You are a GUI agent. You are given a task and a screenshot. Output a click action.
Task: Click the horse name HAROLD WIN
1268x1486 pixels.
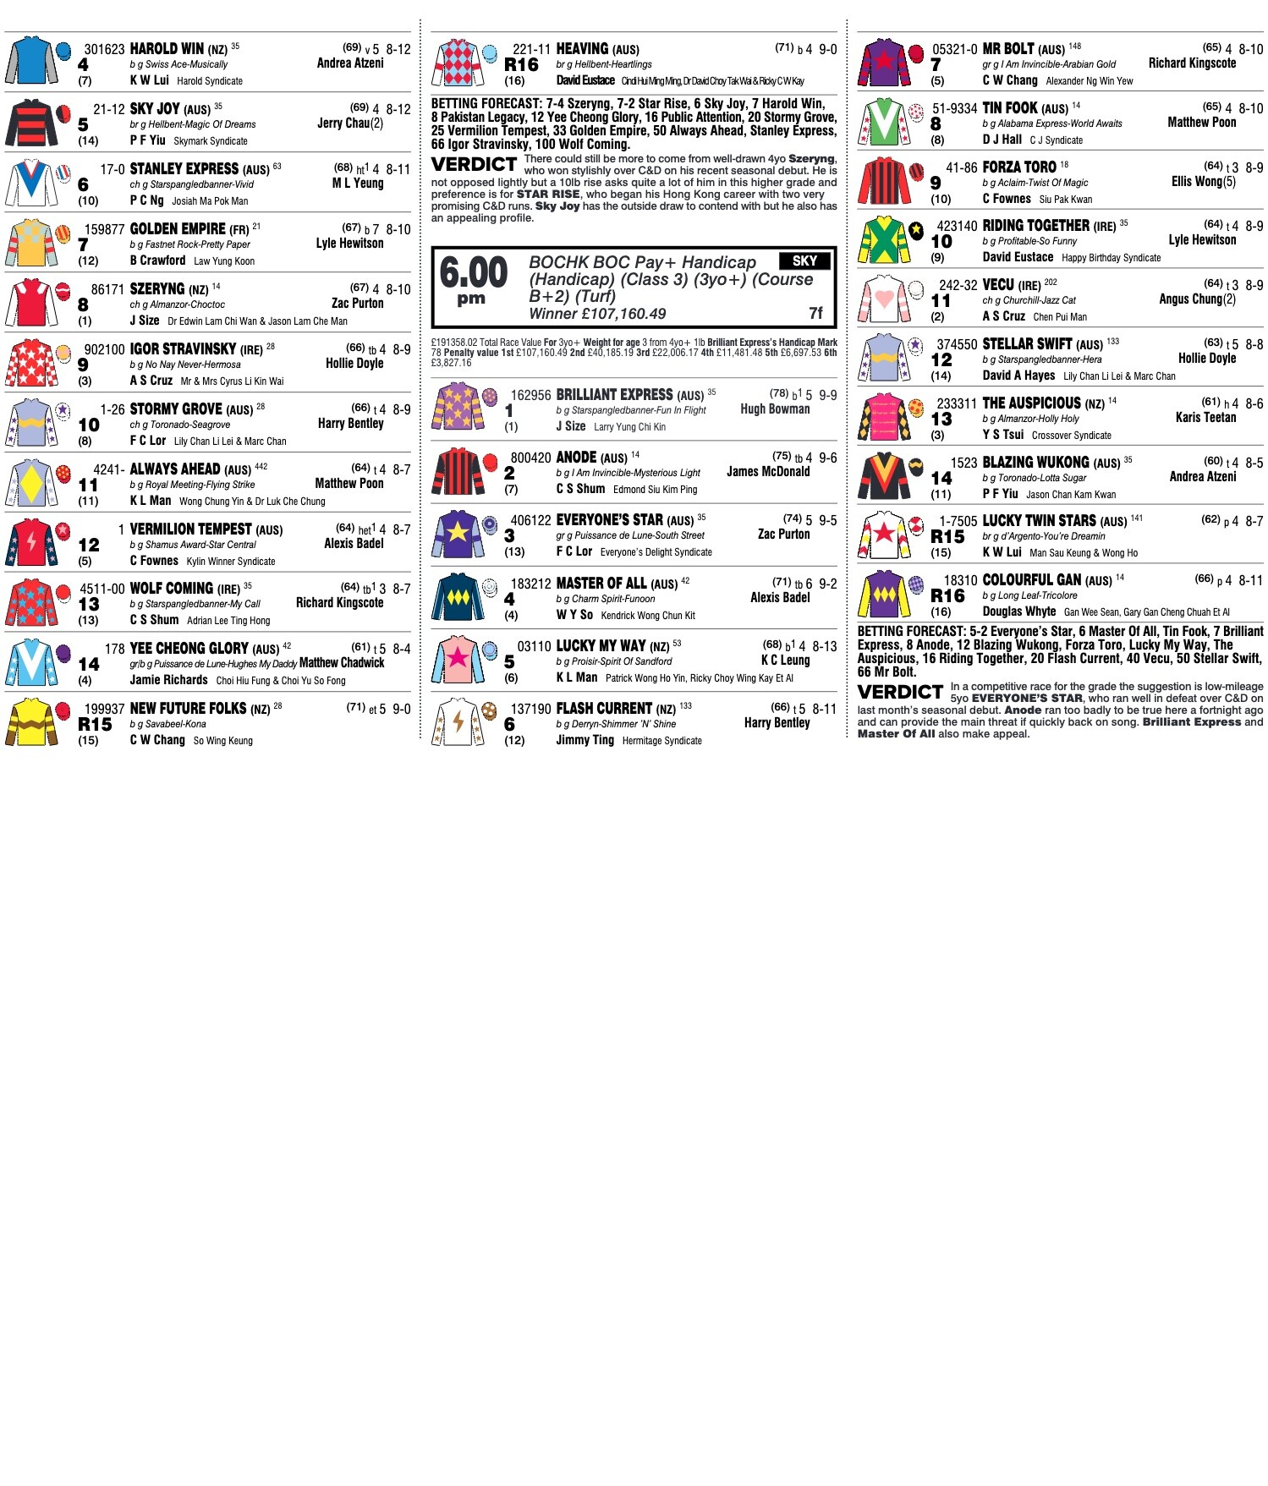pyautogui.click(x=167, y=49)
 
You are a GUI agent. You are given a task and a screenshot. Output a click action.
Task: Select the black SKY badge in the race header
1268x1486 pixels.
pyautogui.click(x=804, y=261)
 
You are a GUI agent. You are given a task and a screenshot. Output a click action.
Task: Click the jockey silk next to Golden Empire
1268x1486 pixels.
pyautogui.click(x=31, y=244)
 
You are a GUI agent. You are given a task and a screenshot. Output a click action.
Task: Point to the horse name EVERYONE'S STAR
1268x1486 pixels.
pyautogui.click(x=609, y=520)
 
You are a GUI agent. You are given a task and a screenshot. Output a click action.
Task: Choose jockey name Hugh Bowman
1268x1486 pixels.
pyautogui.click(x=775, y=409)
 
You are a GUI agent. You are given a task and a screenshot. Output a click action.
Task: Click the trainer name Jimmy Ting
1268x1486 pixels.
pyautogui.click(x=585, y=740)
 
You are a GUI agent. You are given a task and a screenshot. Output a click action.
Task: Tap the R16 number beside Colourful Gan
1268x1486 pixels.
pyautogui.click(x=947, y=595)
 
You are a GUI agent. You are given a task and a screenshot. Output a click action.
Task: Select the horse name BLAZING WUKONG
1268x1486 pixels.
pyautogui.click(x=1035, y=463)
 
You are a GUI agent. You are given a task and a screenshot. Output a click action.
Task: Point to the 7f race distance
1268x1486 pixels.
pyautogui.click(x=815, y=313)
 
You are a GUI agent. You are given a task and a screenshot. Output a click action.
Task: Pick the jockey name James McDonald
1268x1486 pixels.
pyautogui.click(x=768, y=472)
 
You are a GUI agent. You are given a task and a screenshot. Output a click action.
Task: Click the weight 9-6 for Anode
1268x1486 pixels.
pyautogui.click(x=827, y=458)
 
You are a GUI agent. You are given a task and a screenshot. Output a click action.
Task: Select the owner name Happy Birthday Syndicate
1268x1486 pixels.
pyautogui.click(x=1111, y=258)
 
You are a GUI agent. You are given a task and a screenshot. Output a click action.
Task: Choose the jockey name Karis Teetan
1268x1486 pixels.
pyautogui.click(x=1205, y=418)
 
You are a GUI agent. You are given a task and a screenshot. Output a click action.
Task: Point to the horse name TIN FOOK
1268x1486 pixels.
pyautogui.click(x=1010, y=108)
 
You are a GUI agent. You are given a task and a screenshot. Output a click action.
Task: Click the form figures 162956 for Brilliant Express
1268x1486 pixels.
pyautogui.click(x=530, y=395)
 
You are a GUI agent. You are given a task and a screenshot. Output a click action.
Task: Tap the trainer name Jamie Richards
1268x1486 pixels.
pyautogui.click(x=168, y=680)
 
